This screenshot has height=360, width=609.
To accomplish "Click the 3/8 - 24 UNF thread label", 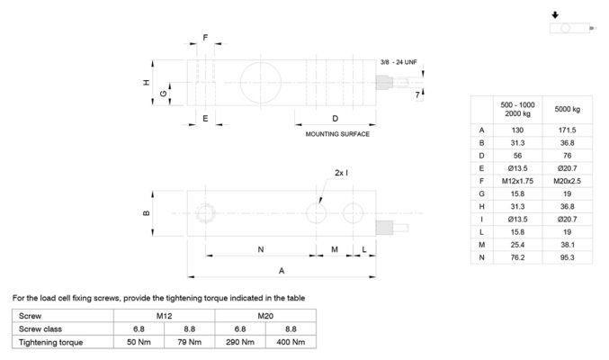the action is [x=399, y=62].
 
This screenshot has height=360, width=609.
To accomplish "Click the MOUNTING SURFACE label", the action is [x=337, y=134].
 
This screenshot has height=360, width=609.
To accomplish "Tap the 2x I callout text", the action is [x=342, y=173].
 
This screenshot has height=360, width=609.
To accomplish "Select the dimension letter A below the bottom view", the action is [x=282, y=271].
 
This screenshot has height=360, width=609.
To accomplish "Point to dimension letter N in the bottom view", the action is [x=261, y=249].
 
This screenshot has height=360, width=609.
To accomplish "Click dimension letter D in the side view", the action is [x=335, y=119].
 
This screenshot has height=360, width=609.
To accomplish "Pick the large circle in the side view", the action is [x=260, y=83].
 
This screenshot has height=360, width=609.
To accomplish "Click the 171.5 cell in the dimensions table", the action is [x=567, y=130].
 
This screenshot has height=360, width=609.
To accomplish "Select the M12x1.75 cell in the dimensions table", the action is [x=517, y=181].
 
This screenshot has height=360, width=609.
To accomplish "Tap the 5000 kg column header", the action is [x=567, y=109].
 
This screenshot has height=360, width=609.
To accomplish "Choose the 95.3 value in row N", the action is [x=567, y=257].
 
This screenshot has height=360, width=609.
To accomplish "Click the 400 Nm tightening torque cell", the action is [x=291, y=342].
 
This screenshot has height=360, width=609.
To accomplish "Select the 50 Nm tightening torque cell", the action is [x=139, y=342].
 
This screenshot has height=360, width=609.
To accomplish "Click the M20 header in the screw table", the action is [x=265, y=316].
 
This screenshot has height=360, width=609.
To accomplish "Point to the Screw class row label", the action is [x=40, y=328].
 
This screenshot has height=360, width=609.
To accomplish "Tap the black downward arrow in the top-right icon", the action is [x=555, y=15].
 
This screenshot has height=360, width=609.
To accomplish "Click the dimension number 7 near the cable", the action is [x=417, y=94].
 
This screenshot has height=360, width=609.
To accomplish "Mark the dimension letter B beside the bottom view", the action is [x=147, y=213].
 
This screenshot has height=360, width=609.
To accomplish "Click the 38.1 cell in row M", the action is [x=567, y=245].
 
